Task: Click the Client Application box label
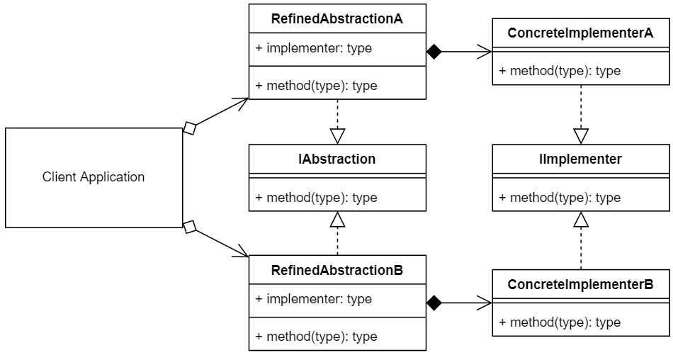[x=94, y=177]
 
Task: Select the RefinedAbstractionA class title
[x=337, y=18]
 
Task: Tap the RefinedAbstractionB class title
[x=337, y=270]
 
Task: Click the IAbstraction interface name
[x=337, y=159]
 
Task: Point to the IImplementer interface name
[x=581, y=159]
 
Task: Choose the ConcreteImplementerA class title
[x=581, y=33]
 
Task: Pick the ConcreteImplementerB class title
[x=581, y=284]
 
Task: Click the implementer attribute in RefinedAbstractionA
[x=313, y=49]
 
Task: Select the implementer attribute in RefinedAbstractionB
[x=313, y=299]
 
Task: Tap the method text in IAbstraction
[x=316, y=198]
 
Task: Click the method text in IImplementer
[x=560, y=198]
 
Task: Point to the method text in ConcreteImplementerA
[x=560, y=71]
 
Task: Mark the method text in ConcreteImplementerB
[x=560, y=322]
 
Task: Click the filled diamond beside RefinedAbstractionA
[x=434, y=51]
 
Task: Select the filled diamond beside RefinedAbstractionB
[x=434, y=303]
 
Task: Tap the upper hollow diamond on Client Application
[x=190, y=128]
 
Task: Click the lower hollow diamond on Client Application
[x=190, y=227]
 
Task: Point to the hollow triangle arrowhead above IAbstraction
[x=337, y=136]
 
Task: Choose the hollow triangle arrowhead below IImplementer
[x=581, y=220]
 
